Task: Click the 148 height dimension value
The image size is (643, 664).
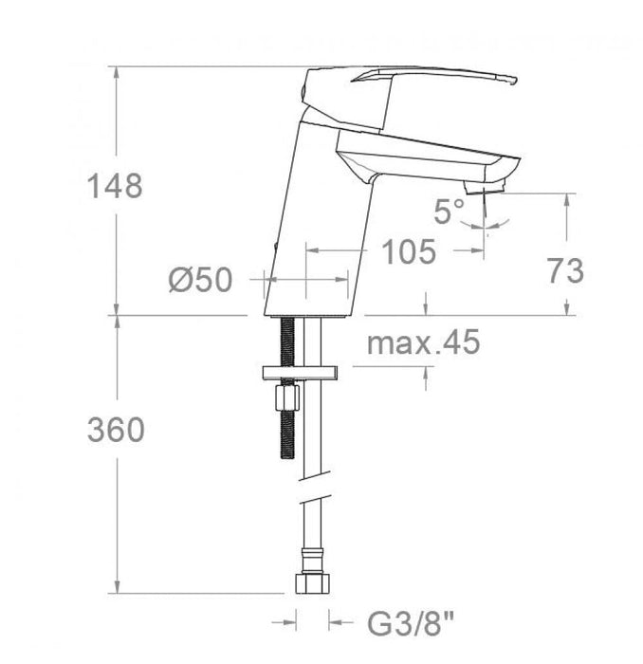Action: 116,186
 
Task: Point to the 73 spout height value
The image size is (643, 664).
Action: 565,271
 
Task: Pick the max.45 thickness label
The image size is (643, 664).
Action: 423,342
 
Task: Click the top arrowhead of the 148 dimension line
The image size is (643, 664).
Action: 116,72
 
